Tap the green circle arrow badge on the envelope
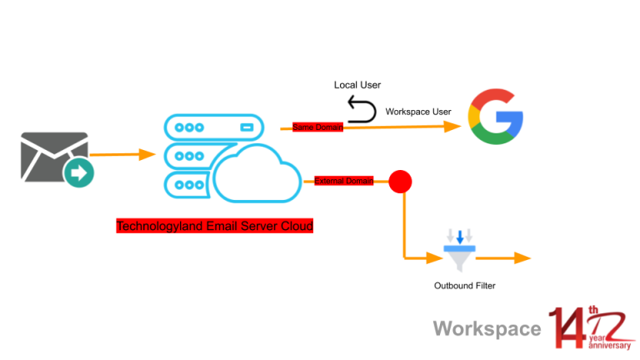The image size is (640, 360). pyautogui.click(x=80, y=174)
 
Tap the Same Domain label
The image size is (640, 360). pyautogui.click(x=316, y=127)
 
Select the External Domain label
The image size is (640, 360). pyautogui.click(x=343, y=181)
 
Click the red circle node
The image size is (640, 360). pyautogui.click(x=401, y=181)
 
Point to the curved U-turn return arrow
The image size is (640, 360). pyautogui.click(x=362, y=109)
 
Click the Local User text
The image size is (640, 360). pyautogui.click(x=357, y=85)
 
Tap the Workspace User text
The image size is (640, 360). pyautogui.click(x=418, y=112)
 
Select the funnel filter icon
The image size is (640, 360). pyautogui.click(x=458, y=250)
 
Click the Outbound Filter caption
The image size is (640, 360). pyautogui.click(x=464, y=286)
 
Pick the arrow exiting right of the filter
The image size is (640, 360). pyautogui.click(x=509, y=258)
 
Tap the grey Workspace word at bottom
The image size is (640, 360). pyautogui.click(x=487, y=328)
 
